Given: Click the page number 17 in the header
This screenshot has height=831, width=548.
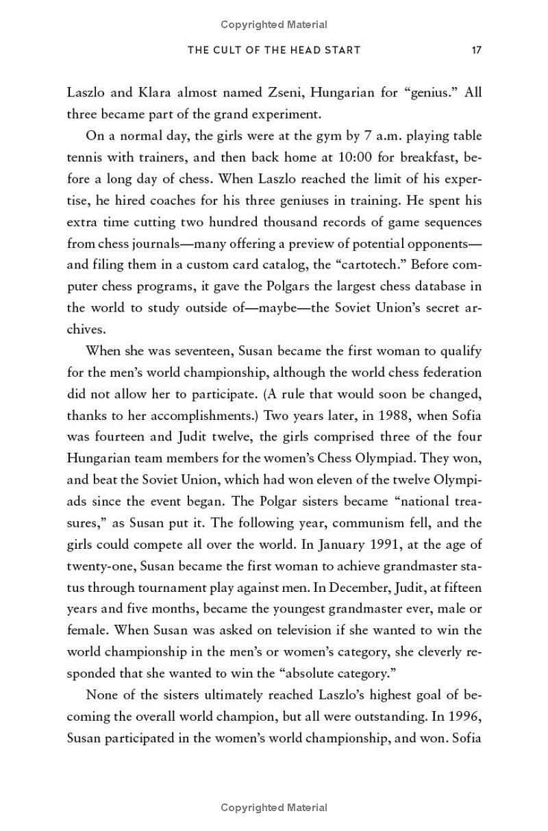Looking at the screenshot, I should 476,50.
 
